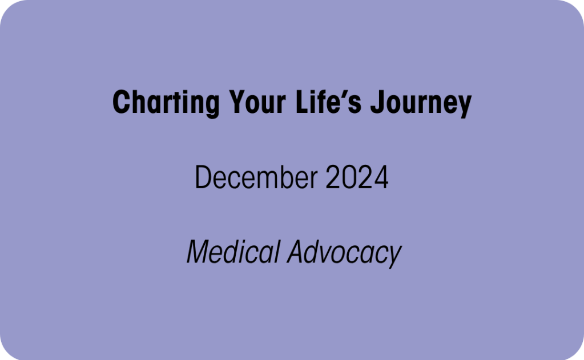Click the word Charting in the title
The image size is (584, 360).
click(x=166, y=103)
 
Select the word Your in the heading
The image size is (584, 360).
click(x=257, y=102)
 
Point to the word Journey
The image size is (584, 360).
click(x=421, y=103)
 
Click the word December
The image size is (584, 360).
click(x=256, y=177)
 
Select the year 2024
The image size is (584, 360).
click(x=357, y=177)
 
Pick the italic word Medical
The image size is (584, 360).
click(x=233, y=252)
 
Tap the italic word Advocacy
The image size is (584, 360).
click(x=344, y=253)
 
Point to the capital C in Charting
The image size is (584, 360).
click(x=121, y=102)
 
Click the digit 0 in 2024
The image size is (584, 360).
click(x=349, y=177)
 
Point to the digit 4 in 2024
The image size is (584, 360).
click(x=381, y=177)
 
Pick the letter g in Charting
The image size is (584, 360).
click(x=212, y=107)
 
